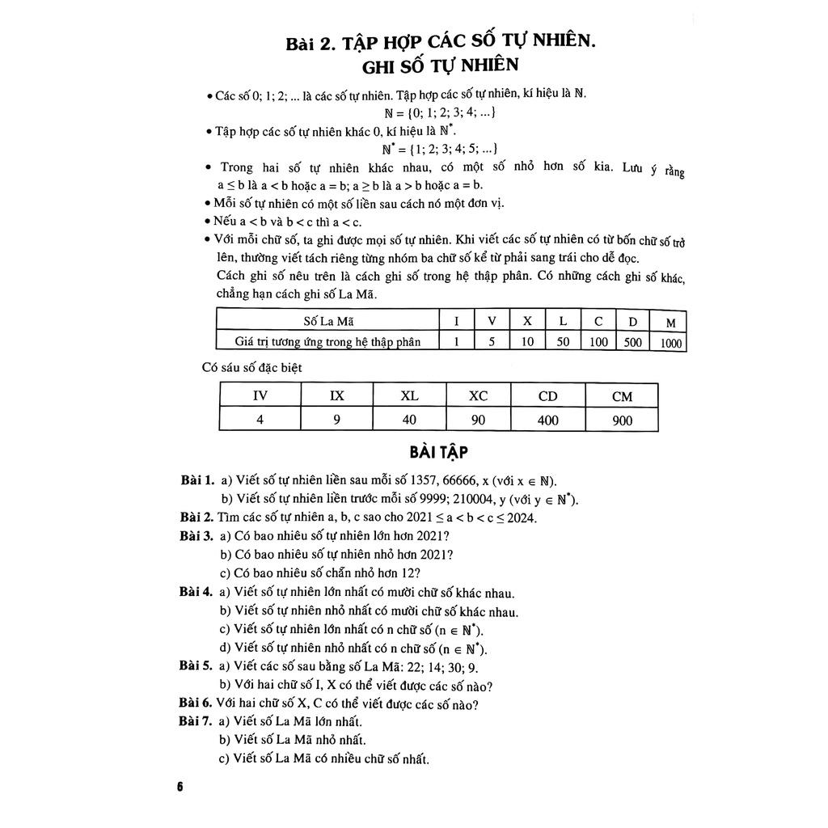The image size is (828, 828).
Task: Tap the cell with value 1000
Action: [x=670, y=344]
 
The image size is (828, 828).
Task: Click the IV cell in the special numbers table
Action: [x=260, y=395]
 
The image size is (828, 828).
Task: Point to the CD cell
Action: [x=548, y=396]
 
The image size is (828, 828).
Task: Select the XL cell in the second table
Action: [x=409, y=395]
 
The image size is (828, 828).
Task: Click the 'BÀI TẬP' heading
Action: [x=439, y=451]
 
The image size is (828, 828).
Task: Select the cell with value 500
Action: [x=633, y=342]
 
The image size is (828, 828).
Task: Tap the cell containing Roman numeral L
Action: [x=563, y=321]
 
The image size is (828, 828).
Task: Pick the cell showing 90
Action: [x=478, y=420]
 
